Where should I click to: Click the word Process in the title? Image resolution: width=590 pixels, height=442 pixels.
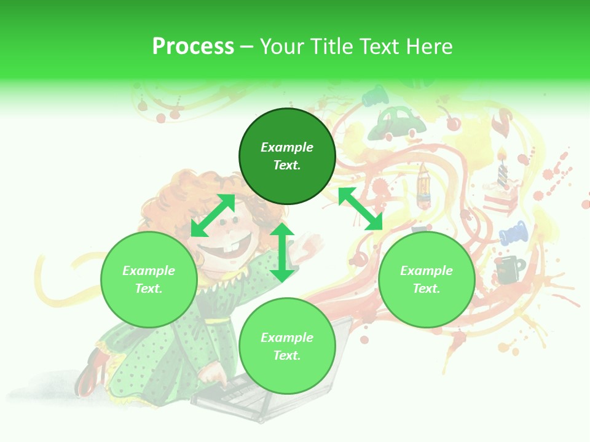[193, 47]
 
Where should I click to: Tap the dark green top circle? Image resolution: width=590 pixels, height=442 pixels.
[287, 156]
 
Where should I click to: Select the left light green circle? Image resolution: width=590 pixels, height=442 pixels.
[149, 279]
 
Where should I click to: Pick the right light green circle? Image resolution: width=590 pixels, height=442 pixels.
[427, 279]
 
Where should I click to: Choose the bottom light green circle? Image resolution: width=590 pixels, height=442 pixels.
[287, 346]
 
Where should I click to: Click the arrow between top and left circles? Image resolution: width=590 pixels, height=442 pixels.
[213, 215]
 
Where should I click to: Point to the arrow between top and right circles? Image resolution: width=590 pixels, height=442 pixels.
[361, 209]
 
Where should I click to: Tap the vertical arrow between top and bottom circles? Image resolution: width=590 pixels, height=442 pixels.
[282, 252]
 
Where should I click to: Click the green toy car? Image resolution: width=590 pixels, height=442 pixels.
[401, 123]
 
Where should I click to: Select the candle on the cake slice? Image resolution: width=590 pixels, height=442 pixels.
[503, 169]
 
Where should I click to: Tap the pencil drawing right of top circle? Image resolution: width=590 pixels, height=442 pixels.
[423, 184]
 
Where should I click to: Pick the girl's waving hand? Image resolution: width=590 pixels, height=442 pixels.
[310, 246]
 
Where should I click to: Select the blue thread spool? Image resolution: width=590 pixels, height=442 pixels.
[513, 233]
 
